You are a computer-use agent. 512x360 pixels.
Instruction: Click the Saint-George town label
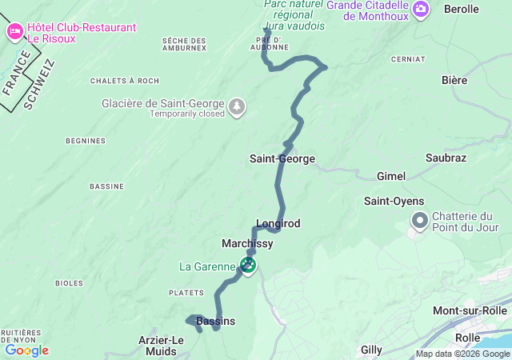point(282,158)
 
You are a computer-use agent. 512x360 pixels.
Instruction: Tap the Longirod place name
point(278,223)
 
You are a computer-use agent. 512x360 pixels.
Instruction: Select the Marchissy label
point(247,243)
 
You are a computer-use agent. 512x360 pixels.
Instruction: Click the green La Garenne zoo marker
point(248,264)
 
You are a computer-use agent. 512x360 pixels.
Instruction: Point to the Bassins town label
point(215,321)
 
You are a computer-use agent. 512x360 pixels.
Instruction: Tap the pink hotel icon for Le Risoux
point(14,32)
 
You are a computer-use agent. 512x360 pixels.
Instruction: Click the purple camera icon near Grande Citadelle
point(422,9)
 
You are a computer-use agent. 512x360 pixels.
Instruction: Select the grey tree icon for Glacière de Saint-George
point(237,106)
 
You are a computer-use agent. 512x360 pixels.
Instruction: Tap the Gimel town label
point(391,176)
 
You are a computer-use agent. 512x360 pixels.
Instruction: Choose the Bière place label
point(454,80)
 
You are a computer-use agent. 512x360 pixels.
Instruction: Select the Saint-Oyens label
point(394,201)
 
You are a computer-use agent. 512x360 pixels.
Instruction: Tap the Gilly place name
point(371,350)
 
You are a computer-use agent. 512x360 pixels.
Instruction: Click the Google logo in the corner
point(26,350)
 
